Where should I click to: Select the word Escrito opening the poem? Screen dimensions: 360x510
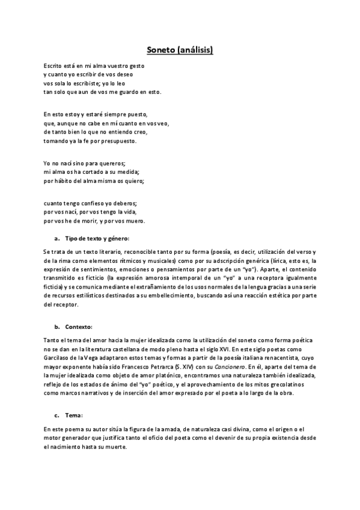(x=53, y=66)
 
